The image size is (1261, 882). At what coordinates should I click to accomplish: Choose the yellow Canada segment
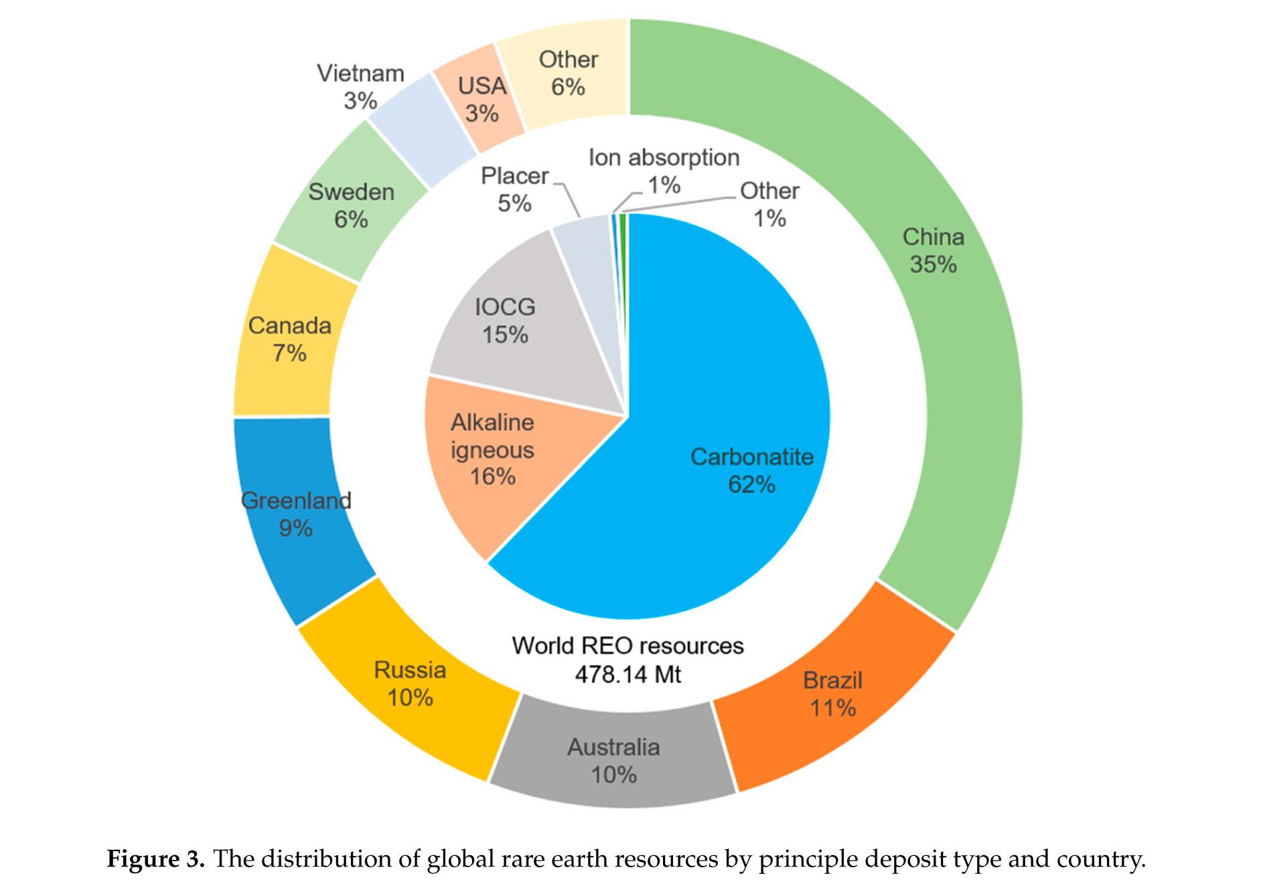[289, 338]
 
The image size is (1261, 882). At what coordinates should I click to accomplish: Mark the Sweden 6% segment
[351, 204]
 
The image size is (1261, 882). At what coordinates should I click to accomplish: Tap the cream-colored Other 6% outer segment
[568, 74]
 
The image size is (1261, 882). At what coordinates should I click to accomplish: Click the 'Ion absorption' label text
[664, 157]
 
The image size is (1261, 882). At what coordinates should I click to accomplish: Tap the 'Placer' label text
[514, 176]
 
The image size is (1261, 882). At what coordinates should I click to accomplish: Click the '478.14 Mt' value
[627, 674]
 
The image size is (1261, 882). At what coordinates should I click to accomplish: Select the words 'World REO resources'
[627, 645]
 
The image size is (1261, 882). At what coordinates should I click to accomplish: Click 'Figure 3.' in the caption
[155, 859]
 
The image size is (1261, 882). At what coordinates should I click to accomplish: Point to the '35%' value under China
[933, 265]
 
